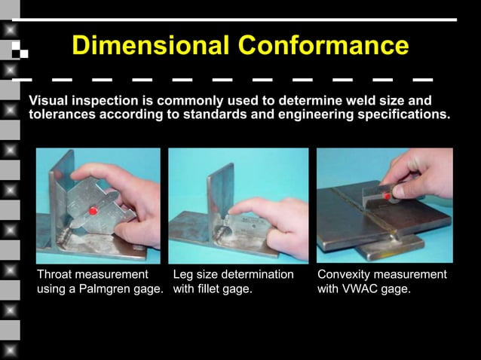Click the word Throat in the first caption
tap(57, 274)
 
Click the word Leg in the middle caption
tap(184, 274)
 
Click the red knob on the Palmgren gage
tap(93, 211)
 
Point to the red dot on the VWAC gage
tap(387, 195)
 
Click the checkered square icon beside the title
tap(20, 49)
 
